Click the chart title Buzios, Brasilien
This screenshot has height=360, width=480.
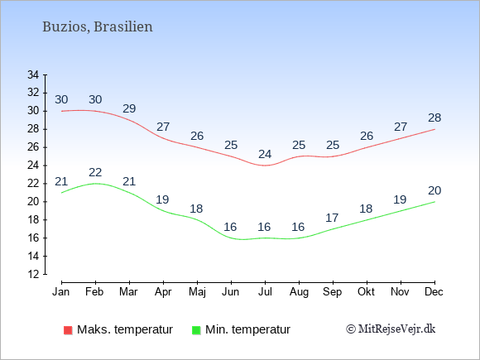(x=98, y=26)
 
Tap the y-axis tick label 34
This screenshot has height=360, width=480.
(x=33, y=74)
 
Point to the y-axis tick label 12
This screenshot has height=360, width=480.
(x=33, y=274)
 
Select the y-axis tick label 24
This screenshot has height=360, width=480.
(x=33, y=166)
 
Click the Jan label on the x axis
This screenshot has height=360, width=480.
(x=61, y=292)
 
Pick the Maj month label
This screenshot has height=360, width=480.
(x=197, y=292)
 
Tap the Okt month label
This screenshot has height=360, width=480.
(x=366, y=292)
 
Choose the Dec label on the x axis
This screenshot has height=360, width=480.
(x=434, y=292)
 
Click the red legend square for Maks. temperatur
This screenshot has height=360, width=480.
(x=68, y=330)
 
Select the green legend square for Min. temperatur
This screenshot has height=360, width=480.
(x=196, y=330)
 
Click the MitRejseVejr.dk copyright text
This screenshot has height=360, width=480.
(x=391, y=329)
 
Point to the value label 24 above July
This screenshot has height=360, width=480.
(x=265, y=154)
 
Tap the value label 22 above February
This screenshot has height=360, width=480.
(x=95, y=172)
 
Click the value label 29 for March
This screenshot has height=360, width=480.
(x=129, y=108)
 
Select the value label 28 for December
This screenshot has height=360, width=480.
(x=434, y=118)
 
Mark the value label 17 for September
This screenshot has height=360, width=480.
(x=332, y=218)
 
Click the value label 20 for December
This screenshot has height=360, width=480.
(x=434, y=190)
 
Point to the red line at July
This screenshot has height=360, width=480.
(x=265, y=166)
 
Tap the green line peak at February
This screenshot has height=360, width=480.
(x=95, y=184)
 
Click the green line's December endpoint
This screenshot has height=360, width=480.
(x=434, y=202)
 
